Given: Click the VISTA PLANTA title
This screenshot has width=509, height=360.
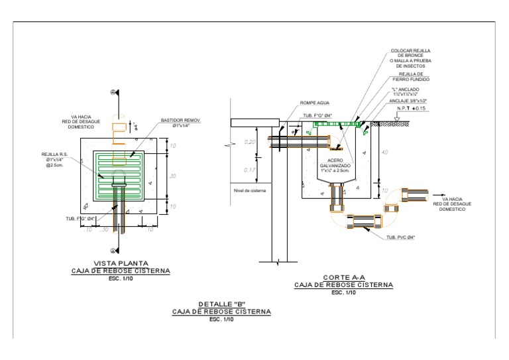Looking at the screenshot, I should [x=121, y=263].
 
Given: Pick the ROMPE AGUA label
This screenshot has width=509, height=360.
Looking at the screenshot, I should [x=315, y=103].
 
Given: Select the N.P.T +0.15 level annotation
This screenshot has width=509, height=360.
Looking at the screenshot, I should [x=411, y=107].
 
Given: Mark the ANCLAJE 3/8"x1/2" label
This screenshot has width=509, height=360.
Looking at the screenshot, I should [x=409, y=101].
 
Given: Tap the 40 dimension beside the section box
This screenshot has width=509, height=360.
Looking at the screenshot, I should [x=384, y=152].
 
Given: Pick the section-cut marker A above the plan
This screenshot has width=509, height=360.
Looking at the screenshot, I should [x=113, y=92].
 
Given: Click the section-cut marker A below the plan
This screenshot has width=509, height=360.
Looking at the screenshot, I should [x=113, y=250].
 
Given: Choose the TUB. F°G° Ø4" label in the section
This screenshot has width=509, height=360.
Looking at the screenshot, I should [x=317, y=115].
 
